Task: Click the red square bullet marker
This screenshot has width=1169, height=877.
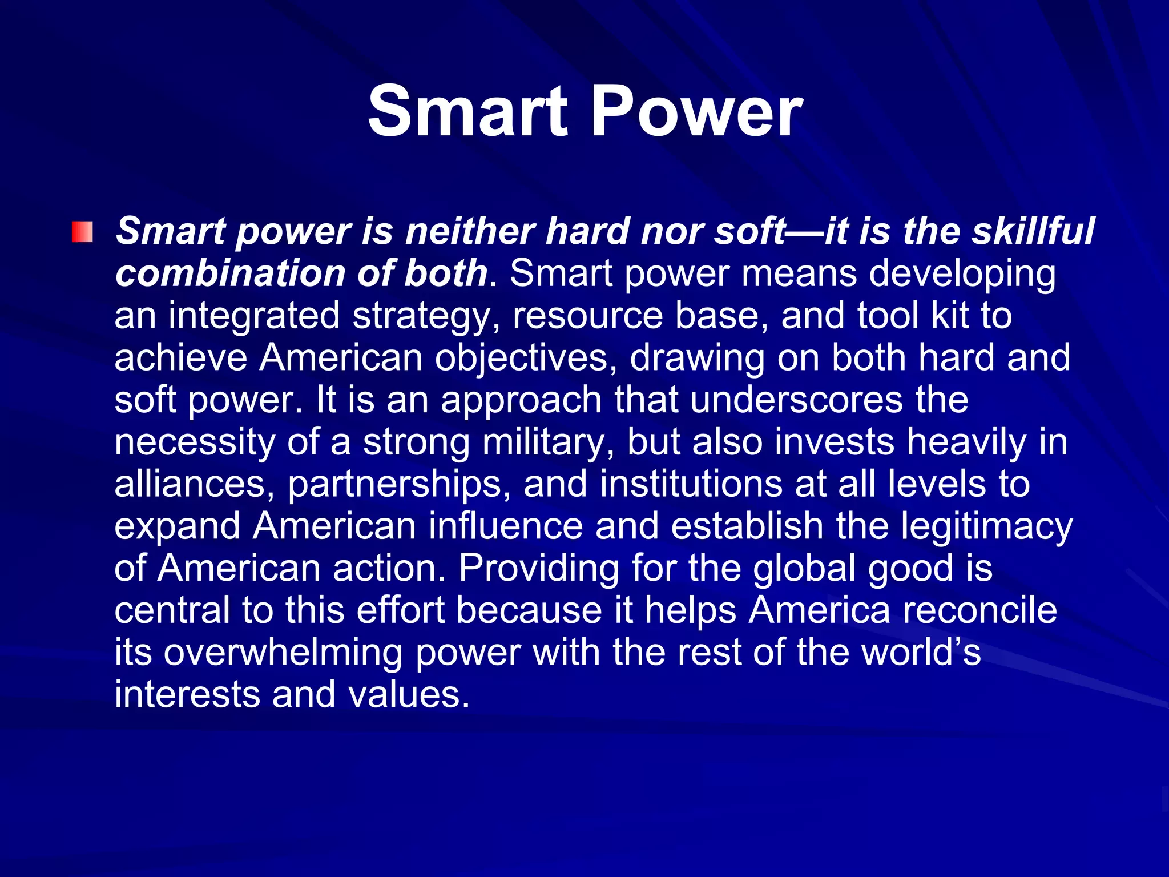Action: [x=82, y=232]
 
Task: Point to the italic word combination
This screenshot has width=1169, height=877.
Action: [x=229, y=273]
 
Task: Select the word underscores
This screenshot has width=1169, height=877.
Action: [x=796, y=399]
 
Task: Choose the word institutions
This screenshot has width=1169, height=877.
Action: [x=691, y=484]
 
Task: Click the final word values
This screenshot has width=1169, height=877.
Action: [x=409, y=695]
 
